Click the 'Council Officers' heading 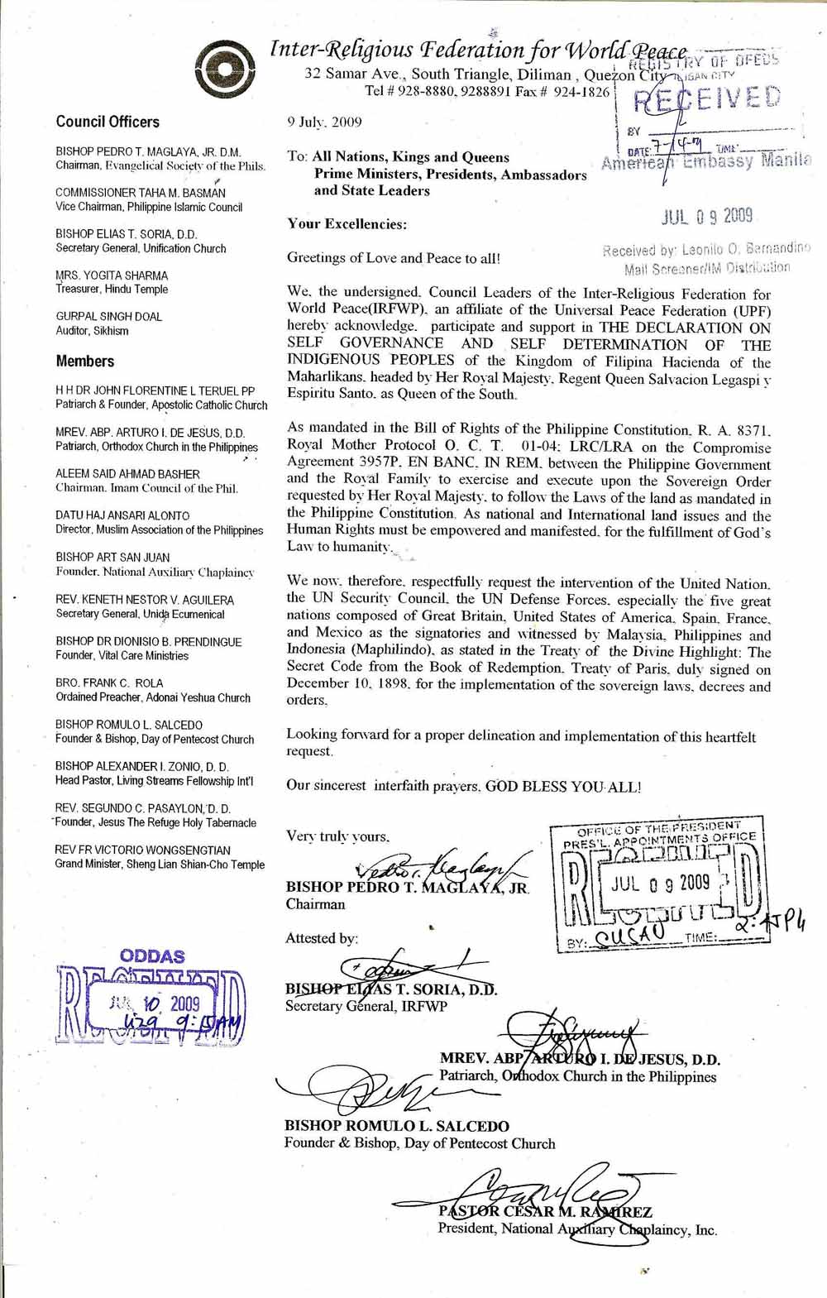tap(108, 122)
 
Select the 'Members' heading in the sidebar tap(85, 361)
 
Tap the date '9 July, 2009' tap(324, 122)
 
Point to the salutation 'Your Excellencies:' tap(347, 223)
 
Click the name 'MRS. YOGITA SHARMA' tap(112, 275)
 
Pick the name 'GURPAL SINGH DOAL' tap(109, 316)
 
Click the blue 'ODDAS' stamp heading tap(153, 956)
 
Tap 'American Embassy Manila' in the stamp tap(705, 161)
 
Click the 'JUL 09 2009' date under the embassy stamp tap(707, 217)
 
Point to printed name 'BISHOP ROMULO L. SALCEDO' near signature tap(397, 1126)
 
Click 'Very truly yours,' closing tap(337, 836)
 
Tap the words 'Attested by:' tap(322, 938)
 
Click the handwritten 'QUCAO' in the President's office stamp tap(631, 936)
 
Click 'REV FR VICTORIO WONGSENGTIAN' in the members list tap(143, 850)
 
